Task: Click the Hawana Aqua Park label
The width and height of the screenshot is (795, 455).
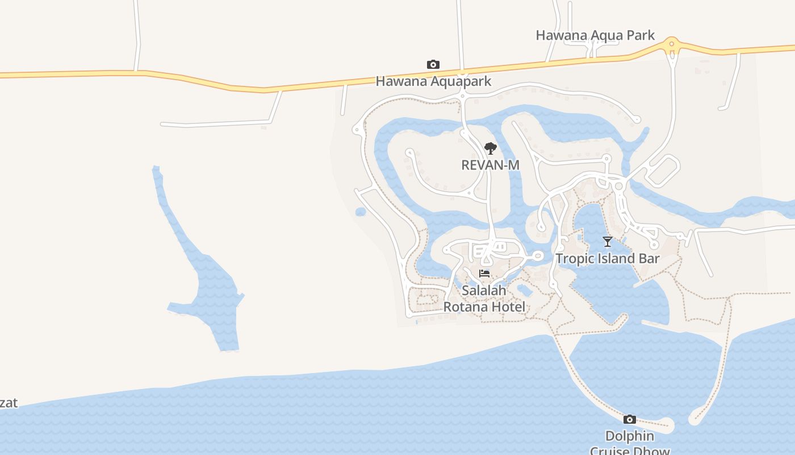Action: pyautogui.click(x=595, y=35)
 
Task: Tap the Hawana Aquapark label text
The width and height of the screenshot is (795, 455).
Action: pyautogui.click(x=433, y=81)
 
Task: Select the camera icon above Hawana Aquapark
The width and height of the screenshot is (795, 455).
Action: pyautogui.click(x=433, y=65)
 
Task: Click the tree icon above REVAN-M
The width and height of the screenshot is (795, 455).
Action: pyautogui.click(x=491, y=149)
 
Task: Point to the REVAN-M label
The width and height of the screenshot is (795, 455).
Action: pyautogui.click(x=490, y=165)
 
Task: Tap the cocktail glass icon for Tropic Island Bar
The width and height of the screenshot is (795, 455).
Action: pyautogui.click(x=608, y=242)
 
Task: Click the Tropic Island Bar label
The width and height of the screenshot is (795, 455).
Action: pyautogui.click(x=607, y=259)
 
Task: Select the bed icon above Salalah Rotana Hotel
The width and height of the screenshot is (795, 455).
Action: pyautogui.click(x=484, y=274)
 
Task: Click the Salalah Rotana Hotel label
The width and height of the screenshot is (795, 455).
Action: pyautogui.click(x=484, y=299)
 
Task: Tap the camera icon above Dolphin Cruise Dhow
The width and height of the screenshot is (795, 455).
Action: pyautogui.click(x=629, y=420)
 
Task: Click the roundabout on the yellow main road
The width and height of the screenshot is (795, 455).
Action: pyautogui.click(x=672, y=43)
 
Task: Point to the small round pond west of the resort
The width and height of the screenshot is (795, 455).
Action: pyautogui.click(x=361, y=212)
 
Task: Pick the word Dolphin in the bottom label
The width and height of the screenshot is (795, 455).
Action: pyautogui.click(x=629, y=436)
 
